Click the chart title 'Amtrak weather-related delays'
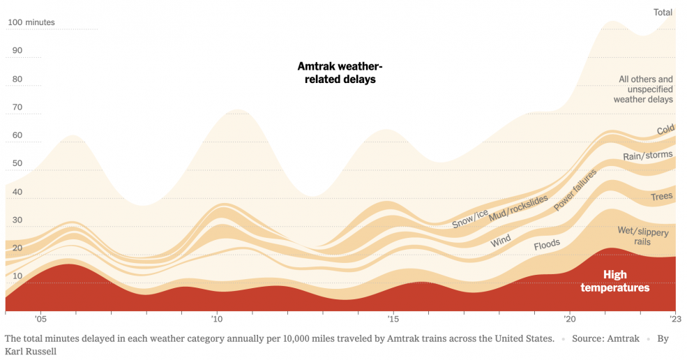(340, 73)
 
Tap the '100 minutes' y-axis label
(31, 22)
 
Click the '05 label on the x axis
(40, 319)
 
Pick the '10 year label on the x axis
(216, 319)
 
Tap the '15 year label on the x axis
(393, 319)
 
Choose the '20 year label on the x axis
(569, 319)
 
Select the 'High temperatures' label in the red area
(614, 281)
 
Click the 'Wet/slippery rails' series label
(642, 236)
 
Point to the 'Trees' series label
(661, 197)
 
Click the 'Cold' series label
(665, 130)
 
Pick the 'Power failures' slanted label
(575, 190)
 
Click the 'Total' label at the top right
(663, 12)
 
